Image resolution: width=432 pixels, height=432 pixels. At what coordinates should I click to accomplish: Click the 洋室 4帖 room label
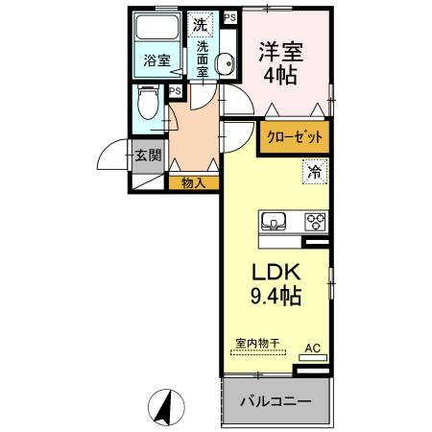coord(283,60)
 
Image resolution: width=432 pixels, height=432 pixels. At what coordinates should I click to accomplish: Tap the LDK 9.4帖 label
coord(276,283)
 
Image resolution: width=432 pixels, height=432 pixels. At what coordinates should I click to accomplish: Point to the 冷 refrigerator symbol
coord(314,173)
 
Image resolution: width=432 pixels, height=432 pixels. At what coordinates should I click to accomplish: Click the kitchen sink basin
coord(274,220)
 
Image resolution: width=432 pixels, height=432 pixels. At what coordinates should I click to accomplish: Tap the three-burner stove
coord(316,221)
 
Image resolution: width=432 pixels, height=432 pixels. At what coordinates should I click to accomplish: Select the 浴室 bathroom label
coord(156,60)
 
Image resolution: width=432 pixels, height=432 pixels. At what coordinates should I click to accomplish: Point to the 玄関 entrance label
coord(148,156)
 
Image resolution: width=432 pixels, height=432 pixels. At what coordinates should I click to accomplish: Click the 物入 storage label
coord(193,180)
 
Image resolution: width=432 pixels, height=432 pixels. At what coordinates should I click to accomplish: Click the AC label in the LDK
coord(312,348)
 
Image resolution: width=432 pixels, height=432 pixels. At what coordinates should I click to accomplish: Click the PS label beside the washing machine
coord(228,18)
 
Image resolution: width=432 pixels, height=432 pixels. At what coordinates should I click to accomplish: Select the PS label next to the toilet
coord(175,91)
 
